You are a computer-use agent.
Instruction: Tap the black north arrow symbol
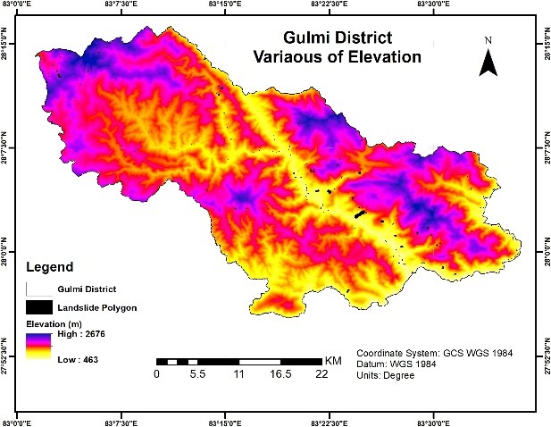(488, 62)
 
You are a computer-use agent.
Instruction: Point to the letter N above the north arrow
(488, 40)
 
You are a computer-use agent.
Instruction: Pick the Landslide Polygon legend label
(91, 306)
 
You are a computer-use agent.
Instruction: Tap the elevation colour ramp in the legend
(38, 345)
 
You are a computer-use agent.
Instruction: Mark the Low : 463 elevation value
(78, 359)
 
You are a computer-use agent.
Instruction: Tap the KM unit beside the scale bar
(333, 360)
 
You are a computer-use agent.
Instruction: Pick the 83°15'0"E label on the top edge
(225, 4)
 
